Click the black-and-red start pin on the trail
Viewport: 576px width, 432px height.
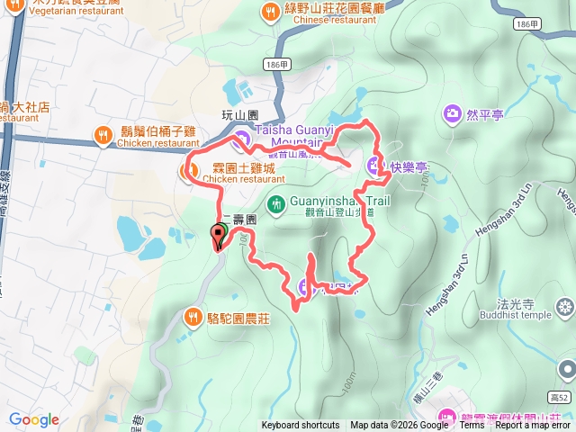pyautogui.click(x=219, y=238)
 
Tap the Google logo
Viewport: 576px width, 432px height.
pyautogui.click(x=34, y=419)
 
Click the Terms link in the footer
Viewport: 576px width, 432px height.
pyautogui.click(x=472, y=426)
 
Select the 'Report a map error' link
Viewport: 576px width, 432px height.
pyautogui.click(x=535, y=426)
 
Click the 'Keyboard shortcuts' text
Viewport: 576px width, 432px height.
pyautogui.click(x=301, y=426)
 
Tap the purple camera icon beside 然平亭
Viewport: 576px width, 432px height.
pyautogui.click(x=452, y=114)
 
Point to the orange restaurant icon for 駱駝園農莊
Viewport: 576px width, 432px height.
pyautogui.click(x=193, y=317)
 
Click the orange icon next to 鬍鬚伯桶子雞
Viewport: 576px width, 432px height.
pyautogui.click(x=103, y=136)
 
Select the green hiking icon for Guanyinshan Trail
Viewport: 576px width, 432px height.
pyautogui.click(x=275, y=204)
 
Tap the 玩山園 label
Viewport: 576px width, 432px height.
pyautogui.click(x=239, y=116)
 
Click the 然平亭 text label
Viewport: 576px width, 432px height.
pyautogui.click(x=485, y=114)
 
